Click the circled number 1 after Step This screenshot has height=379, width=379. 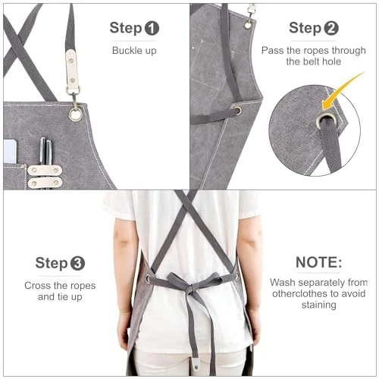click(152, 30)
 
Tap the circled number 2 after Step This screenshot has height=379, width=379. click(331, 29)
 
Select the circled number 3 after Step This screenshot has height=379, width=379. click(77, 264)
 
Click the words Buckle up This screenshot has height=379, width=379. click(134, 51)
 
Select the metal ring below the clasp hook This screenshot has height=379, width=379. click(76, 114)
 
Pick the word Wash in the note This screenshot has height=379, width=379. click(284, 282)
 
